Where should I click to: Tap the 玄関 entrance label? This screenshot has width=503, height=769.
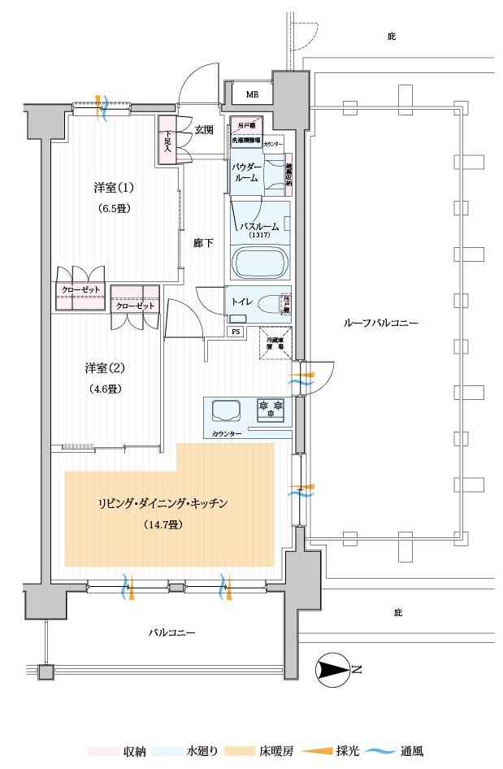[204, 130]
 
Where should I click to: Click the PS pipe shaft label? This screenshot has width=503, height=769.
[236, 332]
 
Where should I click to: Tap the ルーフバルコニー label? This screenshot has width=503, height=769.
[381, 323]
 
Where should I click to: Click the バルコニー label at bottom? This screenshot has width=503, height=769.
[171, 632]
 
